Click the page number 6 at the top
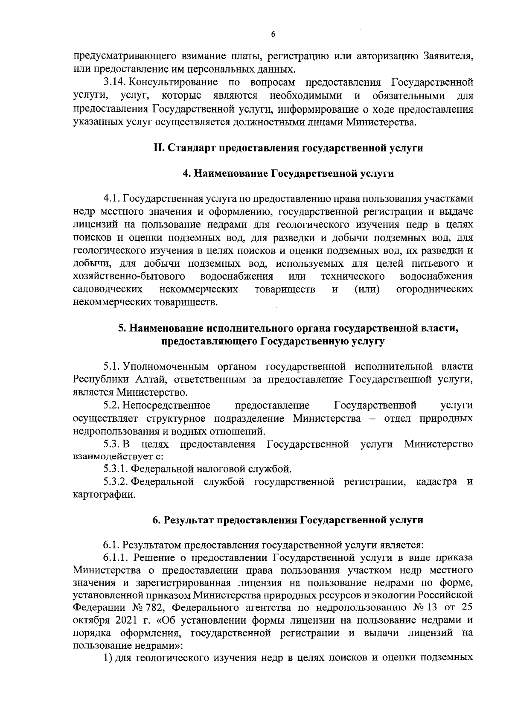pos(273,35)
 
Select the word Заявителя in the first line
pos(448,55)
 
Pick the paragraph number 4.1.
pos(113,199)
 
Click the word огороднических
pos(435,289)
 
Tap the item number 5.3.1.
pos(115,469)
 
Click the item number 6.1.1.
pos(116,558)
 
